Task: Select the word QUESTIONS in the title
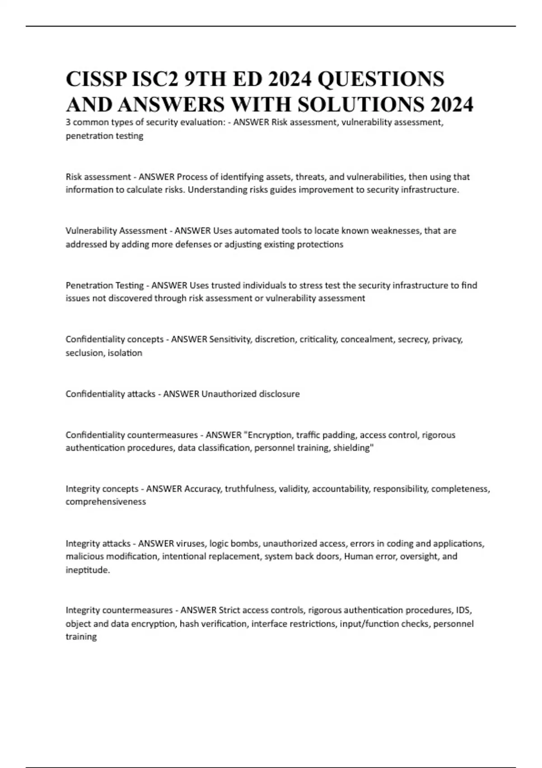381,80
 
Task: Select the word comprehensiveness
106,502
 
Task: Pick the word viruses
189,543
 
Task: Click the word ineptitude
87,570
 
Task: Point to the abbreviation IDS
463,610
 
